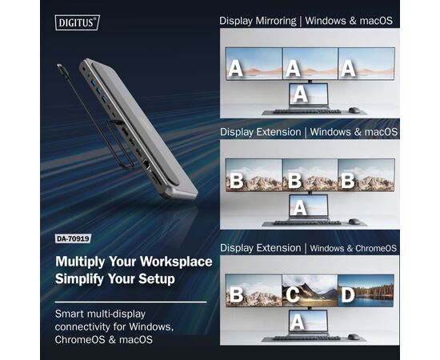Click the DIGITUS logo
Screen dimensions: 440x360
pos(77,22)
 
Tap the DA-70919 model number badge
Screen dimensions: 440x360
pos(74,238)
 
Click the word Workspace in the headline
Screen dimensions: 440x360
pos(176,262)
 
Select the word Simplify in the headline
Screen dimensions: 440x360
pos(80,279)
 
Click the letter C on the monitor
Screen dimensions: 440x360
pos(292,294)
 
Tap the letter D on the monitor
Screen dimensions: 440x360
pos(348,294)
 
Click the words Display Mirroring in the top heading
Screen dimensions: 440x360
pos(258,21)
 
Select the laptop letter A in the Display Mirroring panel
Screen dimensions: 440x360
pos(300,94)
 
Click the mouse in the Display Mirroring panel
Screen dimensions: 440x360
pos(354,110)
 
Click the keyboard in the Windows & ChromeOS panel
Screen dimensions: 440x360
pos(307,338)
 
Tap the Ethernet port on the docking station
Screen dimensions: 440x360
pos(146,163)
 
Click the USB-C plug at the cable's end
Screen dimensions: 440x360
pos(62,70)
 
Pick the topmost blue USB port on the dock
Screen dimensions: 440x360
pos(94,82)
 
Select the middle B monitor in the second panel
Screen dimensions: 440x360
pos(310,175)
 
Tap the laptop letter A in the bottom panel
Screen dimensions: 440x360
pos(298,322)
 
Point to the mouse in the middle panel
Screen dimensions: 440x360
pos(354,222)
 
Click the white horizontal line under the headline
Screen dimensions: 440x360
pos(130,302)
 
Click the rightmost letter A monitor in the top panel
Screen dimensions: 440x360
pos(366,64)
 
